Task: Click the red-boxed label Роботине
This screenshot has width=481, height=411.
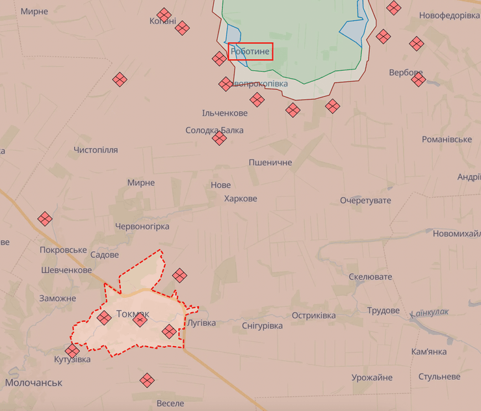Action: click(x=250, y=51)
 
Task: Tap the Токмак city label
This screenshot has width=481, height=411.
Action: click(x=133, y=314)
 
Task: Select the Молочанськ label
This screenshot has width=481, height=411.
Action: click(x=34, y=382)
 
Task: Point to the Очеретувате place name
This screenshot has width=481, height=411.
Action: click(x=365, y=200)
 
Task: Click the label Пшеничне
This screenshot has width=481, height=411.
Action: click(x=270, y=162)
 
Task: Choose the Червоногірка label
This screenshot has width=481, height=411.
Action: click(x=142, y=226)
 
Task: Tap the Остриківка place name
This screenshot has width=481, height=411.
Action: click(x=313, y=315)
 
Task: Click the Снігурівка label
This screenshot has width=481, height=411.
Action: click(x=262, y=325)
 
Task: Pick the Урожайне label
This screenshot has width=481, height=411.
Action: click(x=372, y=378)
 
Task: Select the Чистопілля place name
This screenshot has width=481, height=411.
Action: click(x=96, y=150)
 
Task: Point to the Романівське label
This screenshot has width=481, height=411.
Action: click(x=447, y=139)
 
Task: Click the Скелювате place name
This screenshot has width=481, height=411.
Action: click(x=370, y=277)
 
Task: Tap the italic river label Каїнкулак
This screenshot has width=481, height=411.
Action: click(x=430, y=313)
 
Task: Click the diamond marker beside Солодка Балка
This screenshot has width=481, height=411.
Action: click(x=219, y=138)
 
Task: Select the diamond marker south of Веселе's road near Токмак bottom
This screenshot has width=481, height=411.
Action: click(x=148, y=380)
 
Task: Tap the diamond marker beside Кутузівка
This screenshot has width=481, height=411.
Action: click(x=72, y=351)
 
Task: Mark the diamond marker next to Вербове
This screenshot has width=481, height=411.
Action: click(x=419, y=80)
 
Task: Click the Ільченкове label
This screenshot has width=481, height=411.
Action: click(x=225, y=113)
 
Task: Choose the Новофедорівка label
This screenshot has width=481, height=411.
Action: click(x=449, y=15)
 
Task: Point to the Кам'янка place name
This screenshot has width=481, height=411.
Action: click(x=429, y=352)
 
